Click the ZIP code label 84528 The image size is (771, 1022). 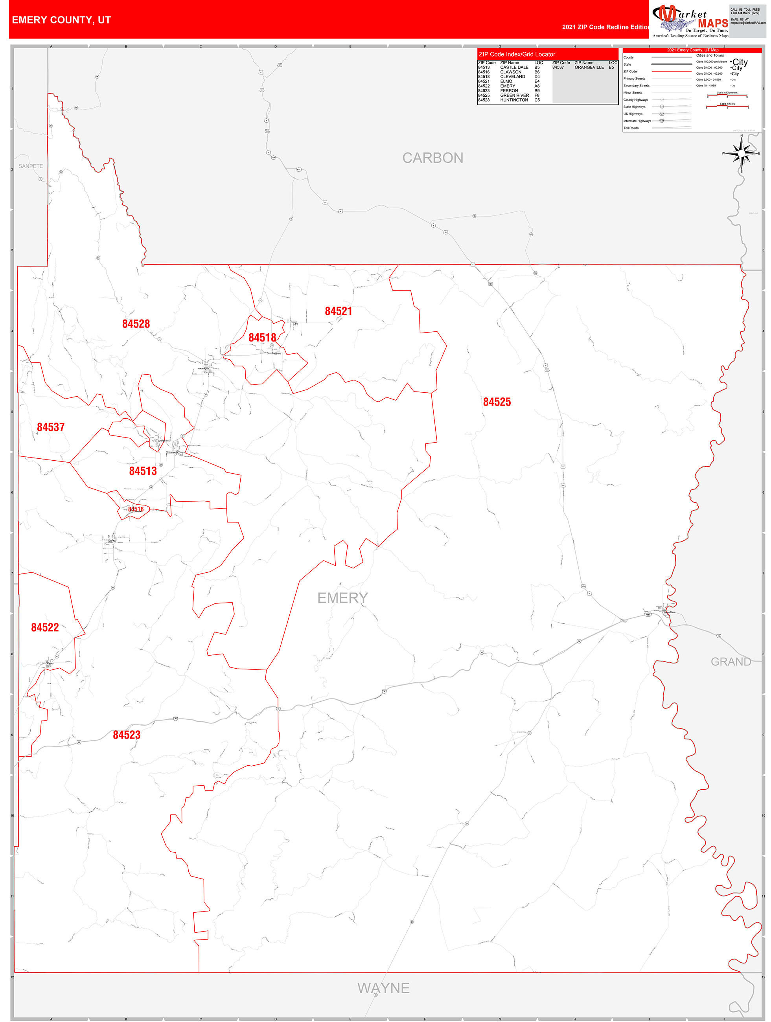pos(136,324)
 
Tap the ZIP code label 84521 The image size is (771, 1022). pos(339,311)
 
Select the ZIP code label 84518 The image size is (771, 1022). pos(262,338)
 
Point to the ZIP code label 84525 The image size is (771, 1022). pos(497,402)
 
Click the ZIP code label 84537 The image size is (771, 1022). pos(51,427)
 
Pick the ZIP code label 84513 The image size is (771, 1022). pos(143,471)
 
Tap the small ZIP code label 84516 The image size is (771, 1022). pos(136,509)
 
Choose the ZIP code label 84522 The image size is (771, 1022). pos(45,627)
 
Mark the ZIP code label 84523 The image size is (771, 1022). pos(127,735)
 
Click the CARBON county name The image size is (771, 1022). pos(432,158)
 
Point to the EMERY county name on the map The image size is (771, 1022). pos(342,598)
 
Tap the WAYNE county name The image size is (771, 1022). pos(383,988)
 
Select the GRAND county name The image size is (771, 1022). pos(731,662)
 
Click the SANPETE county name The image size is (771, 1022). pos(31,166)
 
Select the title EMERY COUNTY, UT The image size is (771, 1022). pos(61,20)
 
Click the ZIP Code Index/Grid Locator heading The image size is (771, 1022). pos(517,55)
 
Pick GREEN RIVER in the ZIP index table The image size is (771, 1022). pos(515,95)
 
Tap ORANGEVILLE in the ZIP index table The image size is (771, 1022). pos(589,68)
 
